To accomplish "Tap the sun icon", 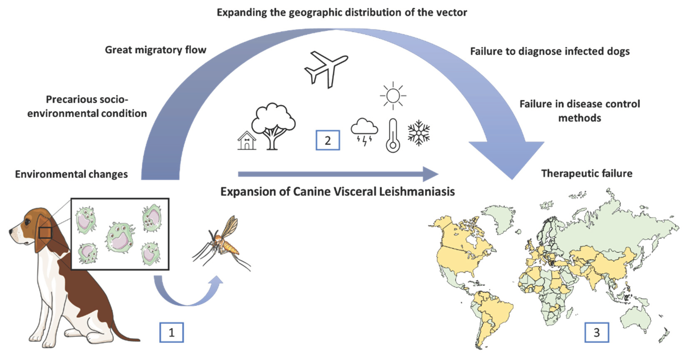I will (393, 95).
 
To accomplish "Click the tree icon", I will (273, 125).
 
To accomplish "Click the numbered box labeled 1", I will (172, 332).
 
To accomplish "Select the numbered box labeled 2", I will (327, 140).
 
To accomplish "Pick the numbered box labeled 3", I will (597, 332).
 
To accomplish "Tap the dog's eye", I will (27, 222).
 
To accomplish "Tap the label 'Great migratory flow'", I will (156, 50).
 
